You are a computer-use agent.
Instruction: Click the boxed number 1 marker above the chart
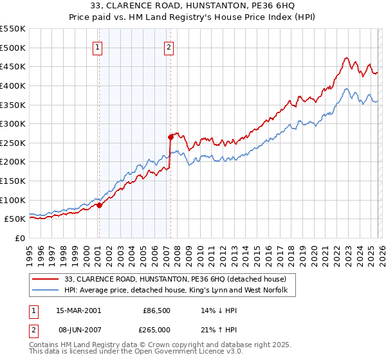tap(97, 46)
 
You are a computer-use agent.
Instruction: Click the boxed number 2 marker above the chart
tap(169, 46)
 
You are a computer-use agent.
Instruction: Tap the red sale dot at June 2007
tap(170, 136)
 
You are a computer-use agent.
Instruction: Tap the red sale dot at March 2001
tap(99, 205)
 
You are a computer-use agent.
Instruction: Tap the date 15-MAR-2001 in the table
tap(78, 310)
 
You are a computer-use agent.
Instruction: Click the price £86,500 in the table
tap(155, 310)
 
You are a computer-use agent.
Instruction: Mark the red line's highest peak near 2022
tap(346, 57)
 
